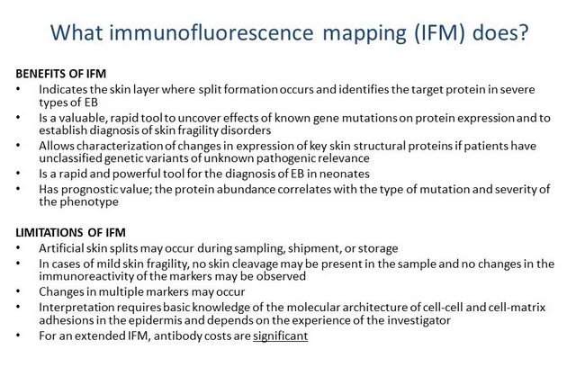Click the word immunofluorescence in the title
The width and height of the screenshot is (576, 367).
(211, 32)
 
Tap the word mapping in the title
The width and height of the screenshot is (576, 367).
(364, 34)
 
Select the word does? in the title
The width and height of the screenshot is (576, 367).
(500, 32)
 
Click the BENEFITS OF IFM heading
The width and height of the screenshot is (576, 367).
(61, 74)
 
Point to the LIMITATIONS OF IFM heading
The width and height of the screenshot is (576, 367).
(70, 233)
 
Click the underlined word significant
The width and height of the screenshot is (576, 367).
(280, 336)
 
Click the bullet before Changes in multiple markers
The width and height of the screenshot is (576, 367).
(18, 291)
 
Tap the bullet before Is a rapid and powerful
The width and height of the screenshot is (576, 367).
(18, 174)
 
